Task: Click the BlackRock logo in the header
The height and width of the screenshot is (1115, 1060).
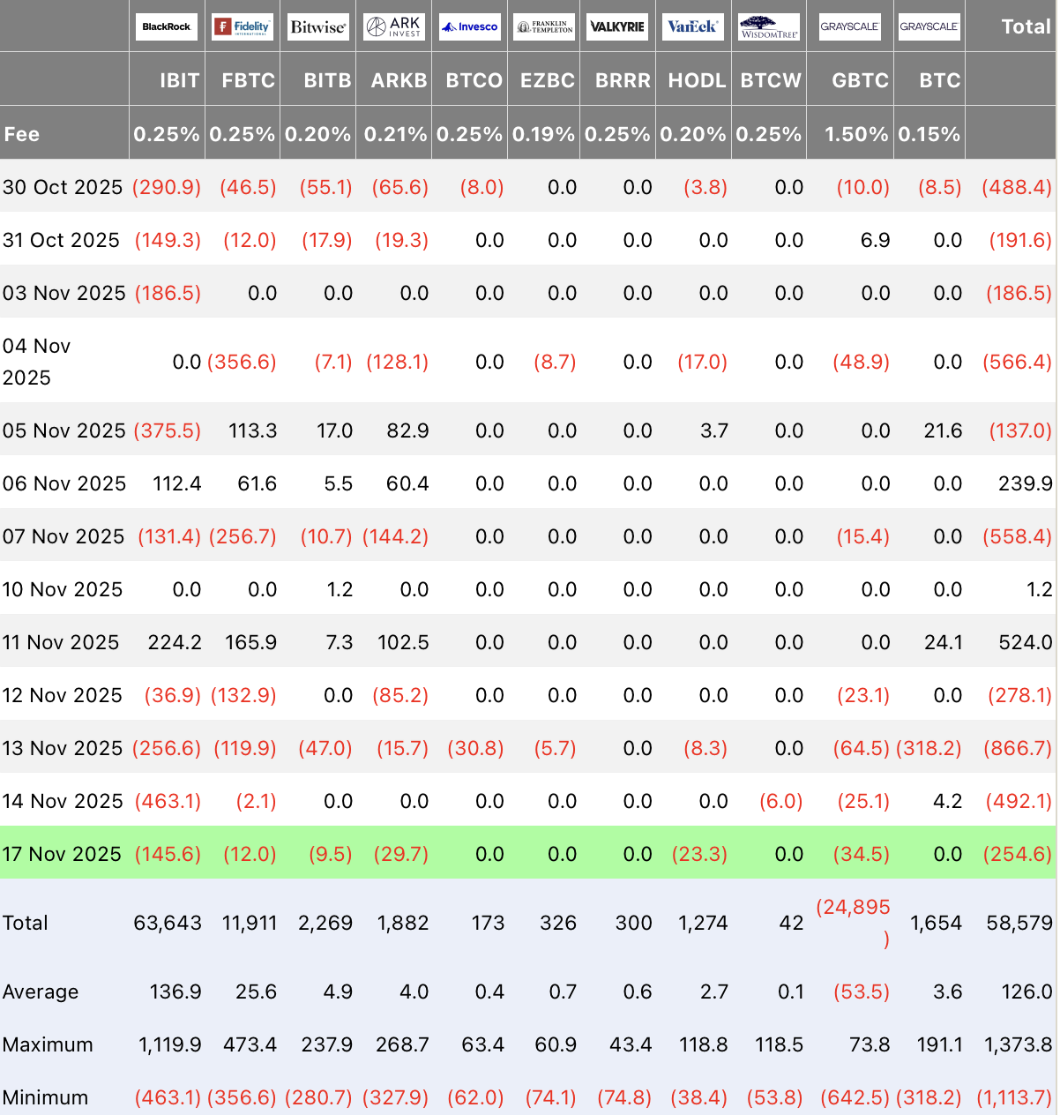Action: pos(167,26)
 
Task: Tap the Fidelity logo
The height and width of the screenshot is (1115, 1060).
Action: pos(243,26)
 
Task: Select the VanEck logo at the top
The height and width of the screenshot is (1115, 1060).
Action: pos(693,26)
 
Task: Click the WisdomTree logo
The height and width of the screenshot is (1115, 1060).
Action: pos(769,26)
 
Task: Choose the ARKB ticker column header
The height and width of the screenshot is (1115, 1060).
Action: pos(399,80)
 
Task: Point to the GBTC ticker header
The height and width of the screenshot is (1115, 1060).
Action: pos(860,80)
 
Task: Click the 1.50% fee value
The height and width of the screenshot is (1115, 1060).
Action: pos(856,134)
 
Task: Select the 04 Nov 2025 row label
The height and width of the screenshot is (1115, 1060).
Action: pos(36,362)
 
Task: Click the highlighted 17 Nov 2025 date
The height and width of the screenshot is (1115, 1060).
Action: pos(62,854)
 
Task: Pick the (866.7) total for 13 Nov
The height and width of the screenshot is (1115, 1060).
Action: pos(1017,748)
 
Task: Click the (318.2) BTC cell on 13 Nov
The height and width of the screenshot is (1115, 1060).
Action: pos(929,748)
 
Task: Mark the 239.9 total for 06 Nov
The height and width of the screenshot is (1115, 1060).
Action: pos(1025,483)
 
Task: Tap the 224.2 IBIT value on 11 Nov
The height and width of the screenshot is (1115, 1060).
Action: pos(175,642)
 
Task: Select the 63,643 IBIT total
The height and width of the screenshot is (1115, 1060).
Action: pos(168,923)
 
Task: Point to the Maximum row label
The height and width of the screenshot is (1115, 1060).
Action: pos(48,1044)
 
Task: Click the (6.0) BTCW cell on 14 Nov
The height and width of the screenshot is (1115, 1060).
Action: pos(780,801)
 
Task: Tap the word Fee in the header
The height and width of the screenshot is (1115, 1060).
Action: pos(22,134)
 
